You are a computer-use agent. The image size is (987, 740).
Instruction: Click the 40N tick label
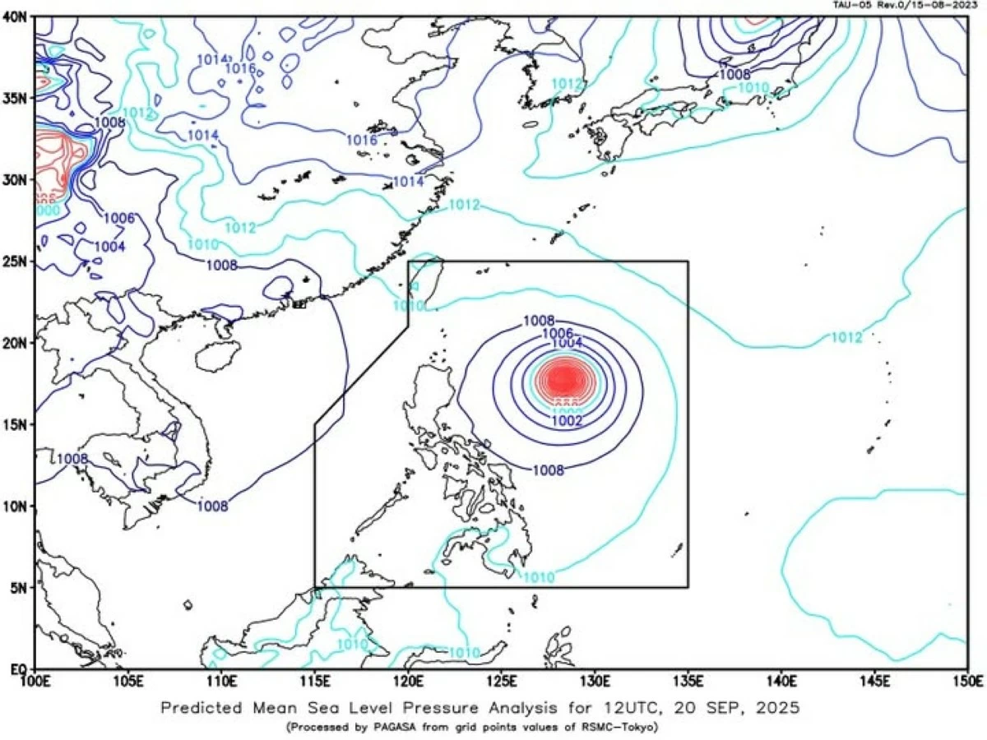(x=16, y=16)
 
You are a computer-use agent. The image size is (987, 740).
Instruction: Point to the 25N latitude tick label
(x=16, y=261)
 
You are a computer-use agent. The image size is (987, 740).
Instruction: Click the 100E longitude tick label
(x=35, y=682)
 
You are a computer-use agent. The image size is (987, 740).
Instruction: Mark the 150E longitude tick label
(x=967, y=682)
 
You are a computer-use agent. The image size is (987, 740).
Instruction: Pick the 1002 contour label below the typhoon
(x=567, y=420)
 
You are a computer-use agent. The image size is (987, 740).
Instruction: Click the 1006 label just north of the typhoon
(x=559, y=333)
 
